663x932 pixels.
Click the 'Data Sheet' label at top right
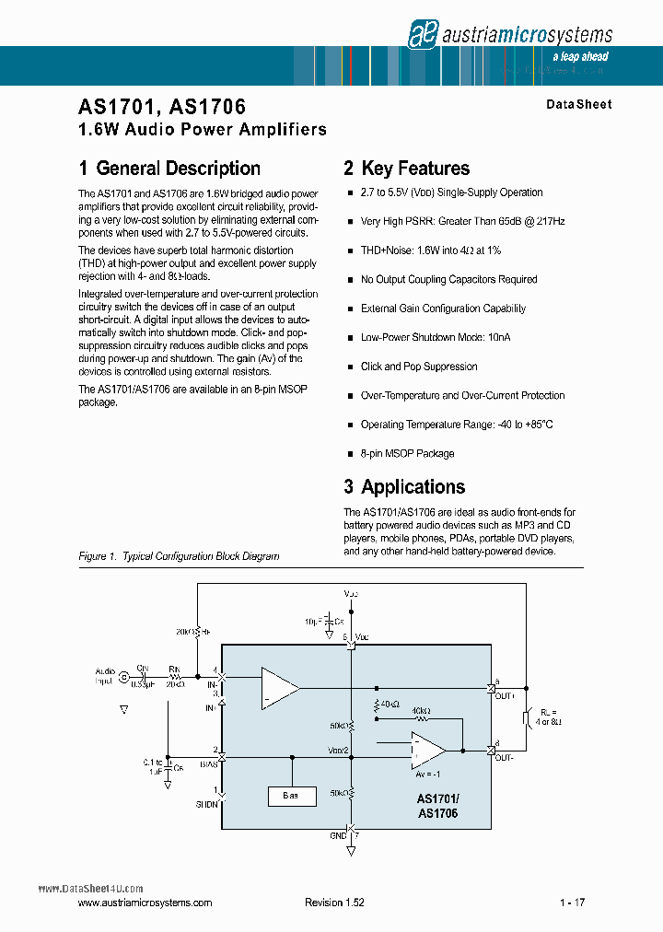[x=578, y=104]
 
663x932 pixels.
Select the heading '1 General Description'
[x=169, y=169]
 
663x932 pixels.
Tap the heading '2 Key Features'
[x=406, y=169]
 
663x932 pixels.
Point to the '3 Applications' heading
[x=404, y=487]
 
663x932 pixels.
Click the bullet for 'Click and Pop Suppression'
[x=350, y=367]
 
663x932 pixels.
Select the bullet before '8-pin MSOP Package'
[x=350, y=455]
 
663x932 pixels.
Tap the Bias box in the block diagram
[x=291, y=794]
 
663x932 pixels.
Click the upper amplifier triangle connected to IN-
[x=277, y=688]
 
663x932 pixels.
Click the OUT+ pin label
[x=503, y=697]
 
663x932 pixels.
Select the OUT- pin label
[x=503, y=757]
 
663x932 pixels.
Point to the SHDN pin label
[x=207, y=804]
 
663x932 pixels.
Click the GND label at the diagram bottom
[x=338, y=834]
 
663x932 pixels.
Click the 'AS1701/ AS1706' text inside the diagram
[x=437, y=807]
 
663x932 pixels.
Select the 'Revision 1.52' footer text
[x=334, y=903]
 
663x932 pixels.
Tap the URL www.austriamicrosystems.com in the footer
[x=145, y=903]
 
